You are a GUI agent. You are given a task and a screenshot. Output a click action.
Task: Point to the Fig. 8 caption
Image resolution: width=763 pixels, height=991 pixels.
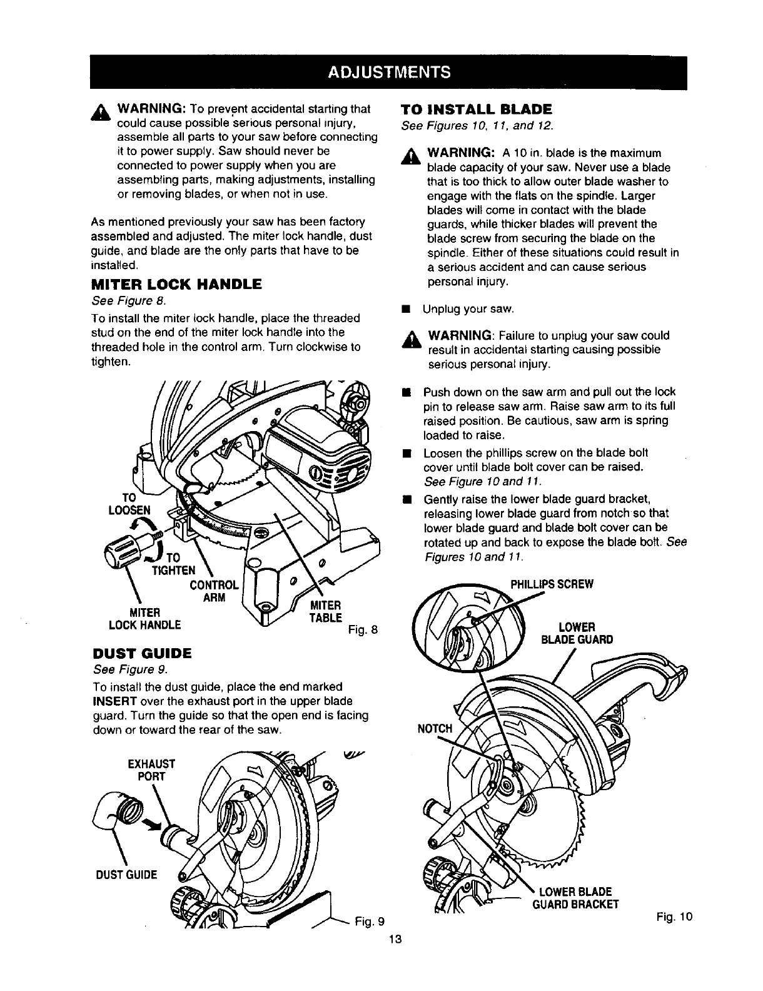(x=361, y=629)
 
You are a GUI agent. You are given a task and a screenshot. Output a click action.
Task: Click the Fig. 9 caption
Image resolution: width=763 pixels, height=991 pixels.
(x=369, y=921)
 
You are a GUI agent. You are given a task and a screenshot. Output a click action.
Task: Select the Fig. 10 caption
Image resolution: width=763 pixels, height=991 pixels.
(x=675, y=917)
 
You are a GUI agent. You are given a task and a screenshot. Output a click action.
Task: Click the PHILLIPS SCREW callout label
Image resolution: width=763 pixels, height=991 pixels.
(x=551, y=584)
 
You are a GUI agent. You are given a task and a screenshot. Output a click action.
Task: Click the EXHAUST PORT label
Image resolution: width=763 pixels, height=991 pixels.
(x=150, y=770)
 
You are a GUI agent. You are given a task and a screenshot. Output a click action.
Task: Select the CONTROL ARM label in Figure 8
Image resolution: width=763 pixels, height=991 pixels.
(x=213, y=591)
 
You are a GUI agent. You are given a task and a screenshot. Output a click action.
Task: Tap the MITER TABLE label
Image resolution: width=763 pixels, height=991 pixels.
(x=326, y=611)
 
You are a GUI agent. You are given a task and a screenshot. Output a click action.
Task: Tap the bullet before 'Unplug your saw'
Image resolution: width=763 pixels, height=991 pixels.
(x=405, y=309)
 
